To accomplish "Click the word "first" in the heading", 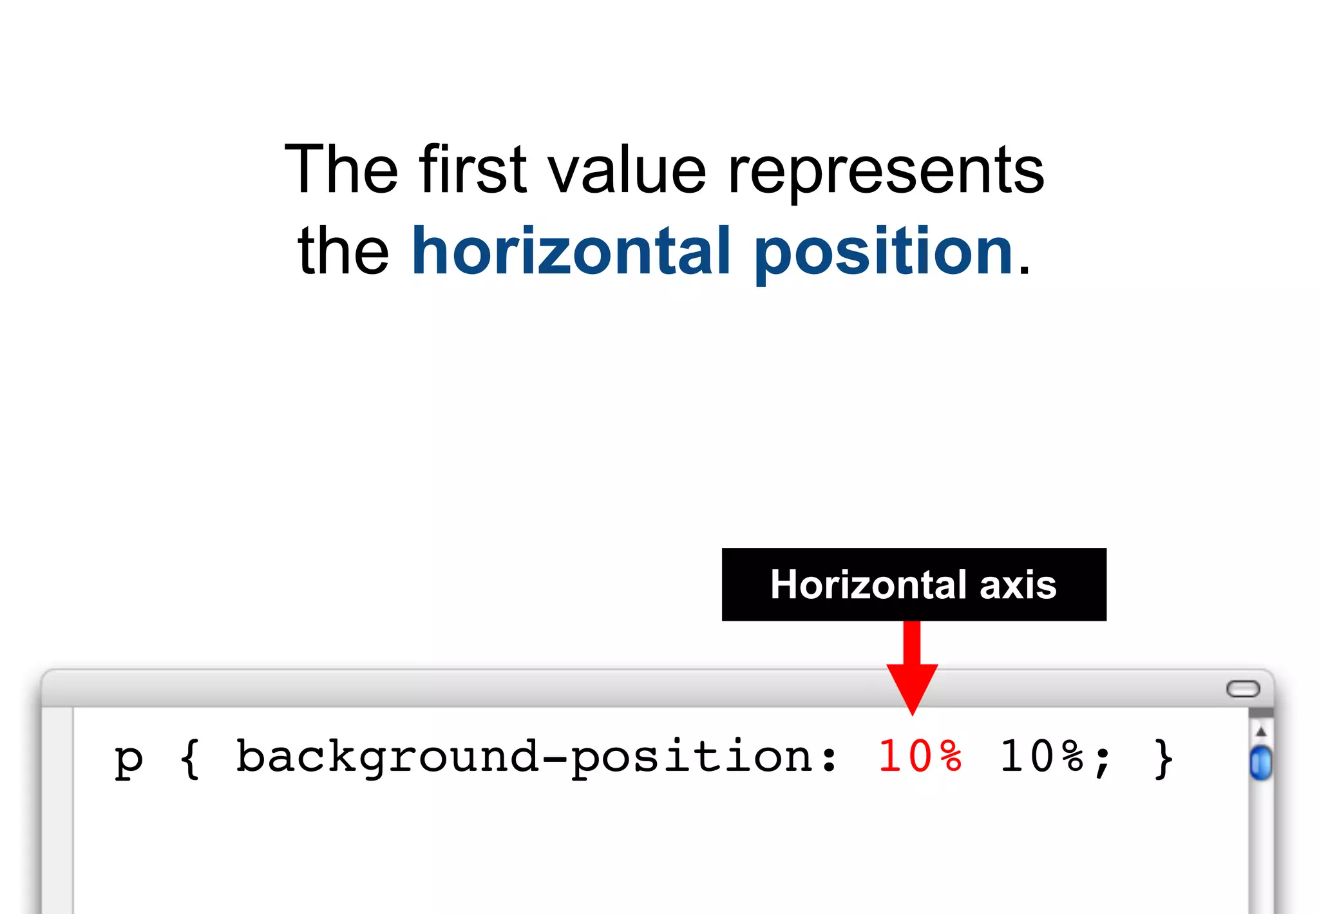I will click(x=473, y=169).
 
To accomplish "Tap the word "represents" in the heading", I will click(x=886, y=171).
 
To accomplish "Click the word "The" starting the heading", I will click(x=341, y=169).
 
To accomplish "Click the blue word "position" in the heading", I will click(x=883, y=253).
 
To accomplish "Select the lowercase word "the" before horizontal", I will click(x=343, y=251).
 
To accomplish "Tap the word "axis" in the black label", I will click(x=1018, y=585).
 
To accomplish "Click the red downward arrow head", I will click(x=912, y=687).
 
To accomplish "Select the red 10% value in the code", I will click(x=920, y=756).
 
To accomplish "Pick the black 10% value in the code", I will click(x=1041, y=756).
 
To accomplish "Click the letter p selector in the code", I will click(x=128, y=759).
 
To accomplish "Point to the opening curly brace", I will click(x=189, y=758).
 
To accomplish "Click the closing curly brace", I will click(x=1163, y=758).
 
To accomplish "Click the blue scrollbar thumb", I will click(x=1260, y=763).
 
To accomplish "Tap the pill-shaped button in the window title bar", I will click(x=1242, y=689).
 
